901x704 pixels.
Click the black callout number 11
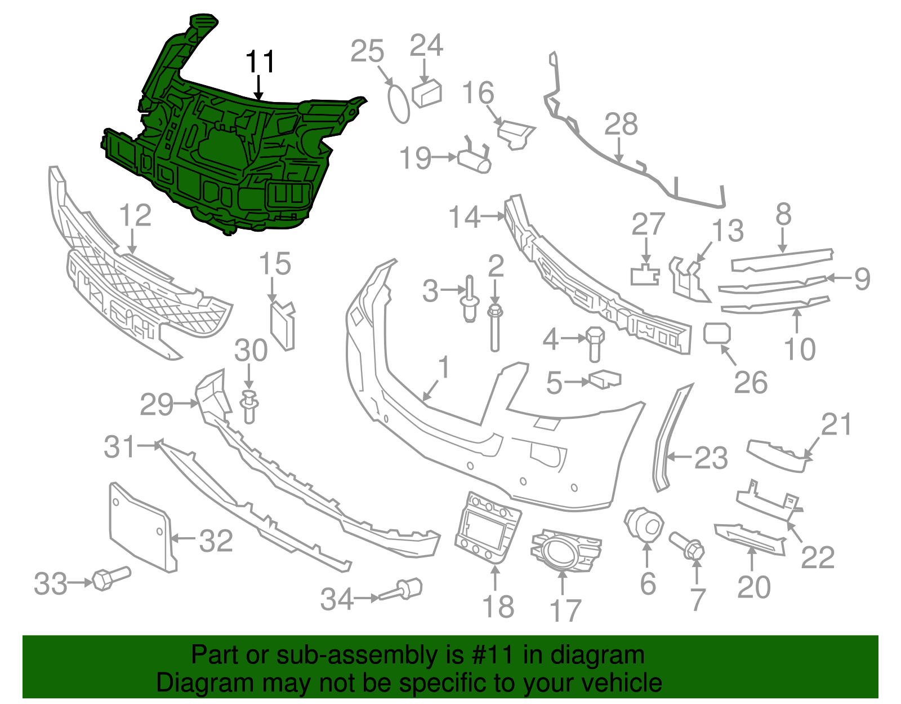(x=260, y=62)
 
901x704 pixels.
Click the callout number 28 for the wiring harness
(x=621, y=125)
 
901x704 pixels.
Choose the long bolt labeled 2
(x=495, y=330)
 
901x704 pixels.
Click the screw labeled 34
(x=404, y=590)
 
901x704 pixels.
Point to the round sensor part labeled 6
(x=643, y=523)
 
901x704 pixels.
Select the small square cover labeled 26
(x=717, y=333)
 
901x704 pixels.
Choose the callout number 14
(x=464, y=217)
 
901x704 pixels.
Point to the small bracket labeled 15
(x=283, y=325)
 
